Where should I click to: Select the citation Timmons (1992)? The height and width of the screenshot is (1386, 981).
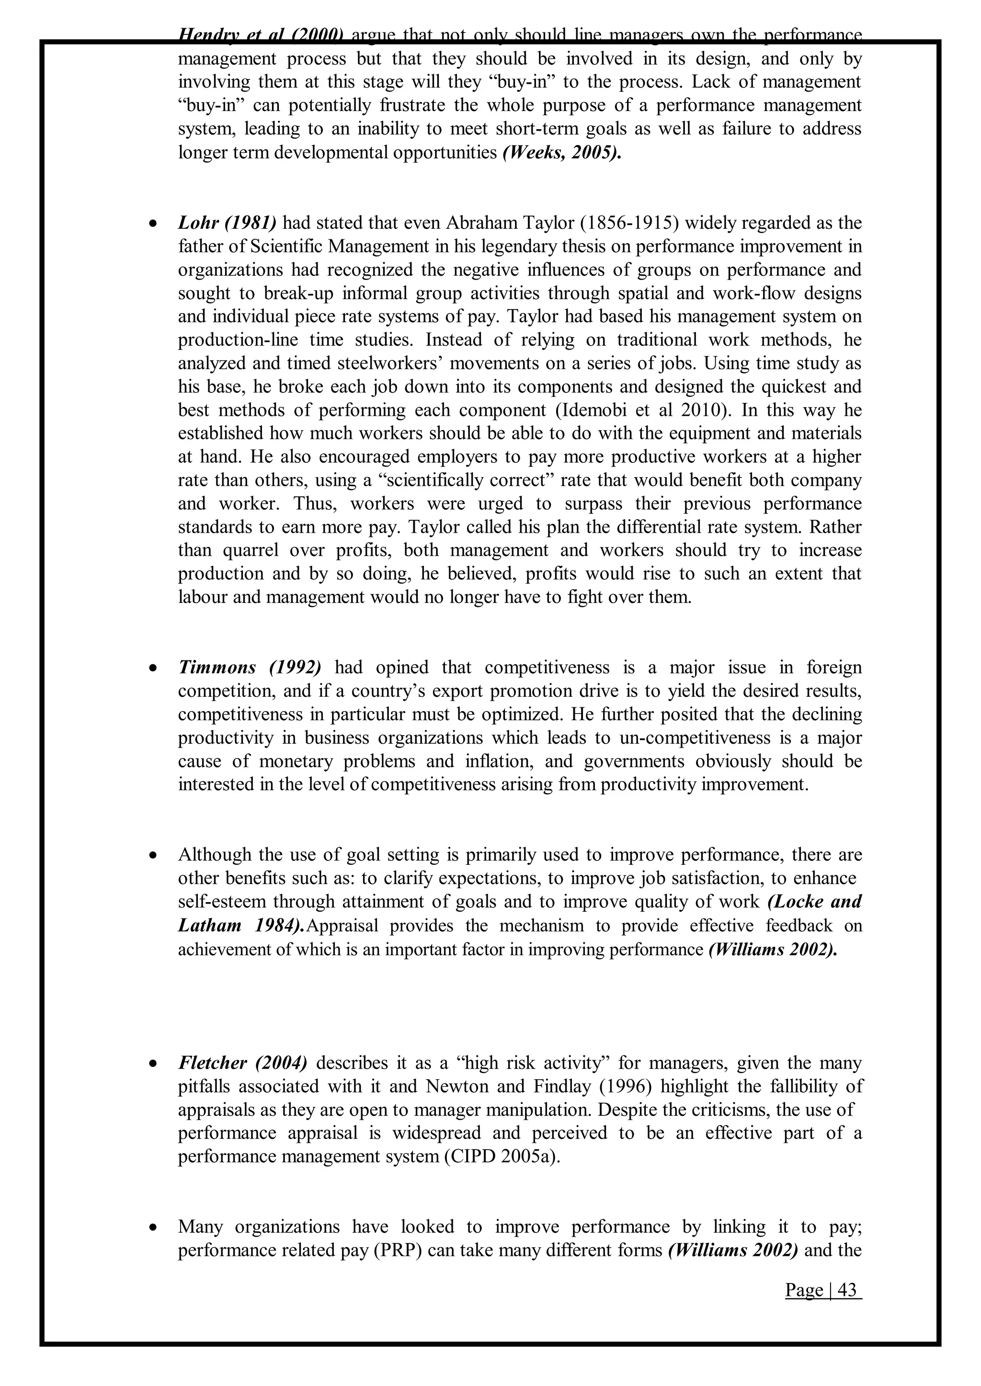(x=250, y=668)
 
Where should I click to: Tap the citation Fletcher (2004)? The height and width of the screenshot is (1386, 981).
(x=243, y=1062)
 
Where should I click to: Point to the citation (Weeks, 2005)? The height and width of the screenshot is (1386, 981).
(x=561, y=153)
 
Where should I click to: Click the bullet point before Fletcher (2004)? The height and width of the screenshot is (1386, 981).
(x=154, y=1063)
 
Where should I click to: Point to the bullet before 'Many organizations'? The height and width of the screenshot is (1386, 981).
(x=154, y=1228)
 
